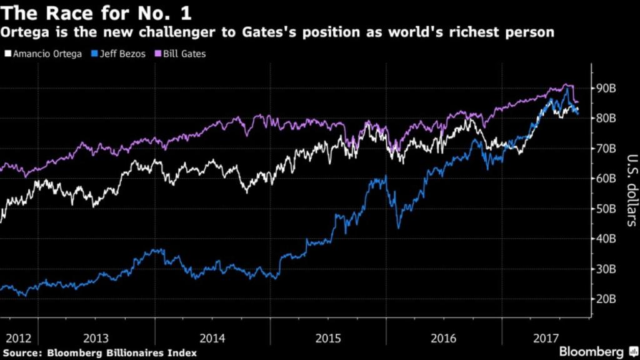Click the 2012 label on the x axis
18,338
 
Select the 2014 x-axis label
212,338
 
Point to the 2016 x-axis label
444,338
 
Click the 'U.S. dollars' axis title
631,190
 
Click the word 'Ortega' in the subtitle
24,32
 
